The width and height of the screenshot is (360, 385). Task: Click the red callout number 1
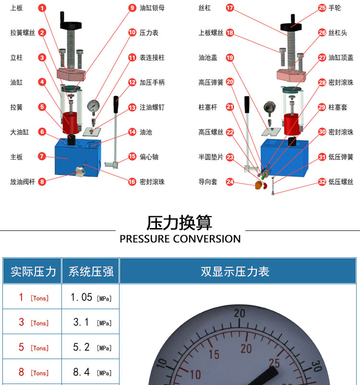[x=42, y=8]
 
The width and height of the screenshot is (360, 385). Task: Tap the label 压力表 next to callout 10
[x=149, y=33]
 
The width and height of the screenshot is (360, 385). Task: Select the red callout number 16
[x=132, y=181]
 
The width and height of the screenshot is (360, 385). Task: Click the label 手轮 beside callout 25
[x=335, y=8]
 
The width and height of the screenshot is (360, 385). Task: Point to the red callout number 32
[x=322, y=181]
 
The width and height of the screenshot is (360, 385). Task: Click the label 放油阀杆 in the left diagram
[x=23, y=181]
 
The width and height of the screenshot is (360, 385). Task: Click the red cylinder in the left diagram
[x=71, y=123]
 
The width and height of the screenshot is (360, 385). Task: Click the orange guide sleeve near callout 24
[x=258, y=185]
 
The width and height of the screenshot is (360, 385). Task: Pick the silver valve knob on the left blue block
[x=80, y=171]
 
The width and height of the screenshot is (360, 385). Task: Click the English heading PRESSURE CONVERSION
[x=180, y=239]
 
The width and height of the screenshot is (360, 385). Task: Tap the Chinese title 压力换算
[x=180, y=223]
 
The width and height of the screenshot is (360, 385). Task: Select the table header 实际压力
[x=33, y=272]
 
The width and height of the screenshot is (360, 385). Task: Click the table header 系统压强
[x=91, y=272]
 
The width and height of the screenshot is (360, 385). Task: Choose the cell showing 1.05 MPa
[x=91, y=297]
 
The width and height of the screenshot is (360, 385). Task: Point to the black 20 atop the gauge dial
[x=240, y=313]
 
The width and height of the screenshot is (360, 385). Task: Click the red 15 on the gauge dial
[x=214, y=354]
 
